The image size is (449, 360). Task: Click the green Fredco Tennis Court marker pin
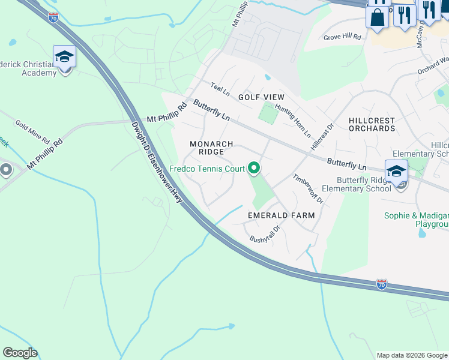tap(254, 169)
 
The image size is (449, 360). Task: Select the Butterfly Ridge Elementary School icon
tap(396, 172)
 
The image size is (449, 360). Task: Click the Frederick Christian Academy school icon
tap(64, 58)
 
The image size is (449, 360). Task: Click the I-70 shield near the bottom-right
tap(382, 284)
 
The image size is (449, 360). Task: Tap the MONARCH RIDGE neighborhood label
tap(211, 148)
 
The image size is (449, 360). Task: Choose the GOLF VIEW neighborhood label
tap(261, 97)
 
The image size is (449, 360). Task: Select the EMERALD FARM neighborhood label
tap(282, 215)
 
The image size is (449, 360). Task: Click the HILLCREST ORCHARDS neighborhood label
tap(372, 125)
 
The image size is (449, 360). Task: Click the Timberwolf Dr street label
tap(308, 189)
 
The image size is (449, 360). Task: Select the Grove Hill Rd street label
tap(342, 37)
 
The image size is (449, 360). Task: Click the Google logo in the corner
tap(20, 353)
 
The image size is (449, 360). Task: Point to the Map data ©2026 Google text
tap(412, 355)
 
